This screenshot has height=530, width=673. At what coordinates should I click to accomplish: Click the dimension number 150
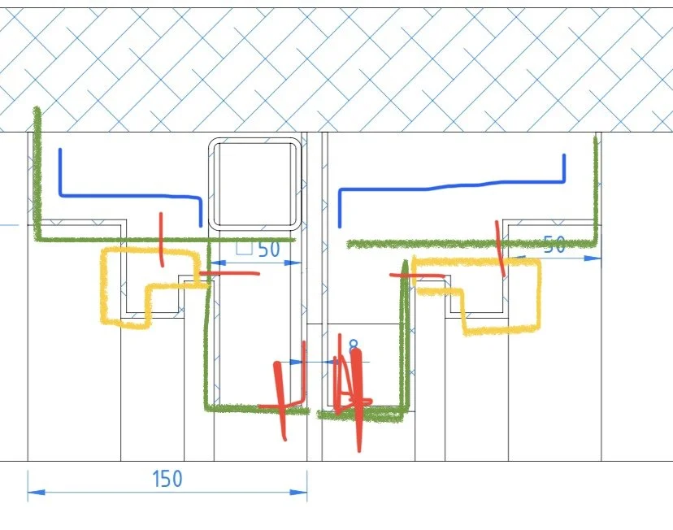(167, 479)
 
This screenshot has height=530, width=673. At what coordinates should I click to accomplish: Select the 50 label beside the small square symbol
(269, 250)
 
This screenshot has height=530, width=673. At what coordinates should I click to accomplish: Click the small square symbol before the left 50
(243, 248)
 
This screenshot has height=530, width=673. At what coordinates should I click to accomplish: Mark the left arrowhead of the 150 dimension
(32, 491)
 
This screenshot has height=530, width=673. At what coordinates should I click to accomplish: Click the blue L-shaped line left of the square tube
(130, 195)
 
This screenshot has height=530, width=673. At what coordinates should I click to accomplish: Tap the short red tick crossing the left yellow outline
(161, 240)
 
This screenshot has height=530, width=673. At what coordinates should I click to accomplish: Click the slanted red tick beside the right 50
(500, 248)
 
